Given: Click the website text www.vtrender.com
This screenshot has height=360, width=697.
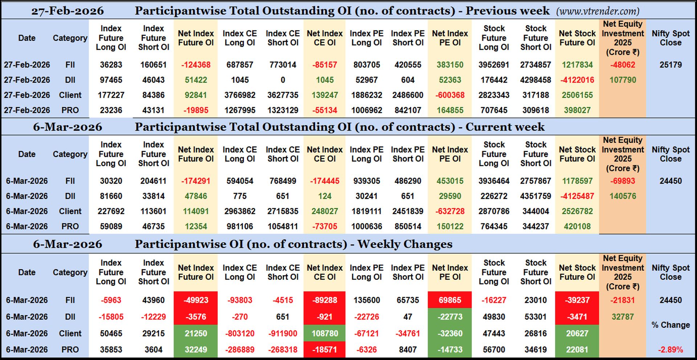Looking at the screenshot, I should pos(598,11).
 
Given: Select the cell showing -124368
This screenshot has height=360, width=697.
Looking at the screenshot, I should pos(196,65).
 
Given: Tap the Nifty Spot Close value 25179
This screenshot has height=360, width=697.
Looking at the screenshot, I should pos(670,65).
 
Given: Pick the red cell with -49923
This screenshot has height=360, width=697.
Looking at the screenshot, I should pos(196,300).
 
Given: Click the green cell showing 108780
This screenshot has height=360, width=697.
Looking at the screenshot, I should pos(325,333).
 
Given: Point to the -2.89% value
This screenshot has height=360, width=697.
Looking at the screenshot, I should pos(670,350).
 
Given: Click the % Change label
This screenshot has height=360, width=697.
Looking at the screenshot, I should pos(670,325).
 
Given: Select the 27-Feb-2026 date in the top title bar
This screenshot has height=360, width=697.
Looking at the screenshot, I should pos(68,11).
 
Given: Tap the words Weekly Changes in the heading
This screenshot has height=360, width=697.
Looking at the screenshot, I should pos(405,244).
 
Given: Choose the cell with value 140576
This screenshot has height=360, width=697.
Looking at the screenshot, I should pos(623,196).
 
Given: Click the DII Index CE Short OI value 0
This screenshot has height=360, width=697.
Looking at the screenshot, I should pos(283,80).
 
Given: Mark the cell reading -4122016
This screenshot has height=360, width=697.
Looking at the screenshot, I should pos(577,80).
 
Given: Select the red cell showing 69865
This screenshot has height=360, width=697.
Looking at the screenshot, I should pos(450,300).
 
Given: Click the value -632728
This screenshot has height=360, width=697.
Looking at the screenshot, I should pos(450,211).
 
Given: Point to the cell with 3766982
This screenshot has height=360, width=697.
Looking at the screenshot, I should pos(240,95).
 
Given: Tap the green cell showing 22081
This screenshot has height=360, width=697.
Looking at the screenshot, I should pos(577,350).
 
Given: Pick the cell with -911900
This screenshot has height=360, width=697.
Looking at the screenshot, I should pos(283,333).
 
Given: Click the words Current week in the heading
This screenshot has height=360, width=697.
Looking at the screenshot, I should pos(505,127).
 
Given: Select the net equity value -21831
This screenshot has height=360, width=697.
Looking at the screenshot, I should pos(623,300).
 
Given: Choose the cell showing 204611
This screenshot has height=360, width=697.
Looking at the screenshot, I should pos(154,181).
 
